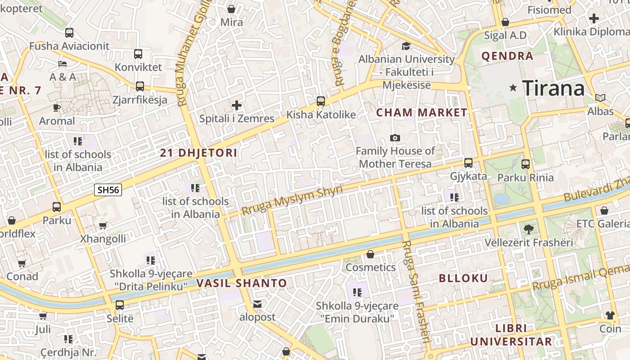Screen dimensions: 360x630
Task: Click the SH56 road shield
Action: click(x=108, y=190)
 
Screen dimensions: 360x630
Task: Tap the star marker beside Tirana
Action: click(x=513, y=88)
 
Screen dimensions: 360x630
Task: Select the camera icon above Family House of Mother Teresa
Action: click(x=395, y=138)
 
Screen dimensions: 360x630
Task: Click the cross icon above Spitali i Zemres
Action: click(x=237, y=106)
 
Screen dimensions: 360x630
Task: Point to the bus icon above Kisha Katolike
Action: click(x=320, y=101)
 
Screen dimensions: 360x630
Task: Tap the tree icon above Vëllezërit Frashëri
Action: click(x=529, y=229)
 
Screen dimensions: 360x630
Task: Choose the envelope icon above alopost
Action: click(x=257, y=305)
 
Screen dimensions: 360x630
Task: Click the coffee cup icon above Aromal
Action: click(x=57, y=108)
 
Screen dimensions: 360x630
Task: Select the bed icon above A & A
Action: click(x=63, y=64)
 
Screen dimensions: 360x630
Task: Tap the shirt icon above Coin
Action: click(x=610, y=315)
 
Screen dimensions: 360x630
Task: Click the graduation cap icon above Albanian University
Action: click(x=406, y=46)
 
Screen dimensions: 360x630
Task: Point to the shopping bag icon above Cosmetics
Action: click(x=370, y=255)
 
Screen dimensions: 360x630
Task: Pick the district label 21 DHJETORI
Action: click(x=198, y=153)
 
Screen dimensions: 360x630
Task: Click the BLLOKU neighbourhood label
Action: click(x=463, y=278)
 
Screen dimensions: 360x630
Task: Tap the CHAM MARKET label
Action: click(x=422, y=112)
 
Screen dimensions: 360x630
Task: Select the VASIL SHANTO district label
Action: click(x=241, y=283)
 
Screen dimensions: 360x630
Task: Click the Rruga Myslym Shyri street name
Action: click(x=292, y=199)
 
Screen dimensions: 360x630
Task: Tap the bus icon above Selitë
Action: click(x=120, y=305)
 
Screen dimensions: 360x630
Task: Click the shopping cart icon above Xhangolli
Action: click(x=103, y=225)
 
